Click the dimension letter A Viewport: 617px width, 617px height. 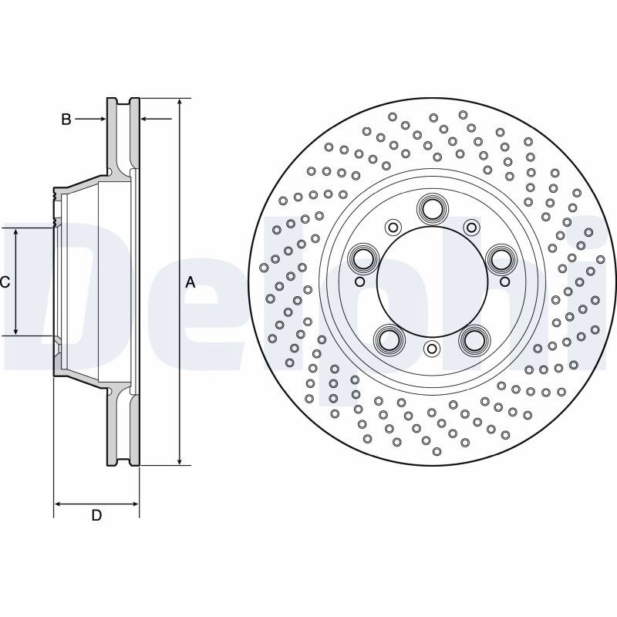(x=190, y=282)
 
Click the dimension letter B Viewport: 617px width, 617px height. (x=66, y=119)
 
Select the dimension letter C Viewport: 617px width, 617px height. (x=5, y=282)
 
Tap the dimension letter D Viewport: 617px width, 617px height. (x=96, y=515)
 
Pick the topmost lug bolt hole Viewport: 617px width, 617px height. (x=432, y=209)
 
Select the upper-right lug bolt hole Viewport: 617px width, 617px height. (x=501, y=259)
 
